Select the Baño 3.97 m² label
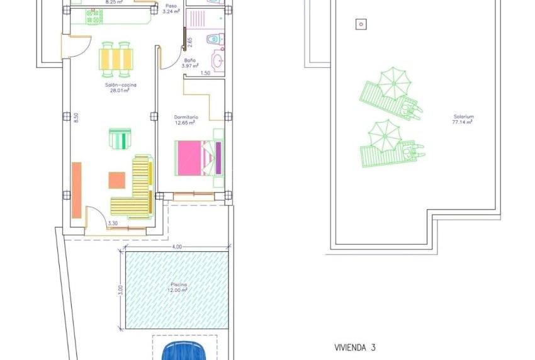pyautogui.click(x=189, y=63)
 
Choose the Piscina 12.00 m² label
pyautogui.click(x=177, y=287)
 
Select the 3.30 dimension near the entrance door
pyautogui.click(x=113, y=223)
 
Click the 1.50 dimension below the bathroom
pyautogui.click(x=205, y=74)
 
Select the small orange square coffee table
pyautogui.click(x=117, y=180)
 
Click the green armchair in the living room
pyautogui.click(x=120, y=138)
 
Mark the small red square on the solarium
pyautogui.click(x=361, y=25)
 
